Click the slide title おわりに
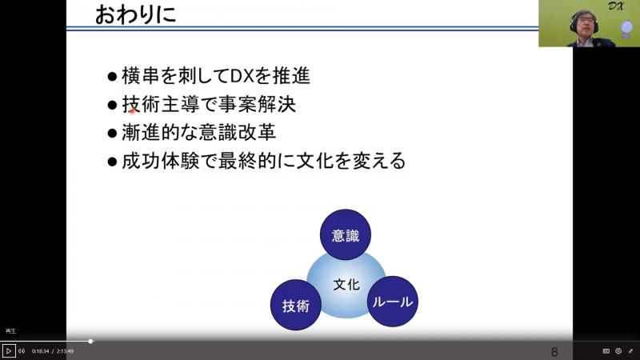[135, 14]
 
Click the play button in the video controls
[9, 351]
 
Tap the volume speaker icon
[22, 351]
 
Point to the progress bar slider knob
[90, 342]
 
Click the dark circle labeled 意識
[346, 234]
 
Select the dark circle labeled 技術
[296, 305]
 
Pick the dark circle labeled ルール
[393, 302]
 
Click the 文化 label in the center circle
[346, 285]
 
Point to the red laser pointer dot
[132, 110]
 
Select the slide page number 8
[554, 352]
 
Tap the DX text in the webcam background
[615, 6]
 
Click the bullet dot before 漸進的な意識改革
[112, 133]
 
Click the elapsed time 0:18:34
[41, 351]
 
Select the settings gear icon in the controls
[618, 351]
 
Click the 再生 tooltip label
[10, 331]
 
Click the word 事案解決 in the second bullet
[258, 105]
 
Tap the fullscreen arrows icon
[630, 351]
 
